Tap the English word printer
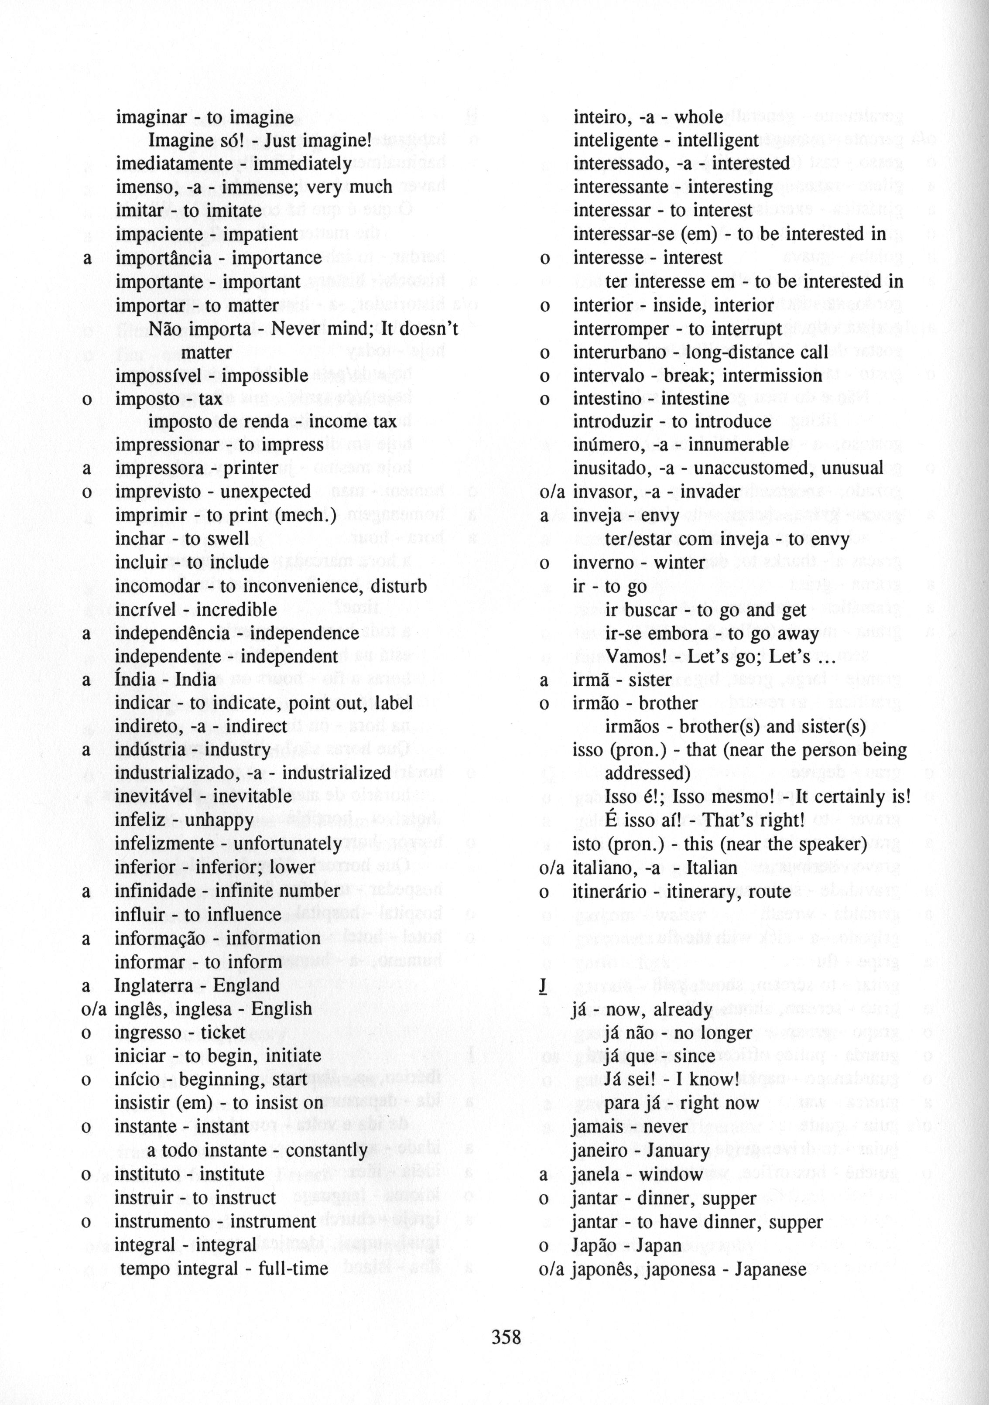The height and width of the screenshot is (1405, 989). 252,468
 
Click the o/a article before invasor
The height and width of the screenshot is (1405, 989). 551,492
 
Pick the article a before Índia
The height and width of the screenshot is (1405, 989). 86,680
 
